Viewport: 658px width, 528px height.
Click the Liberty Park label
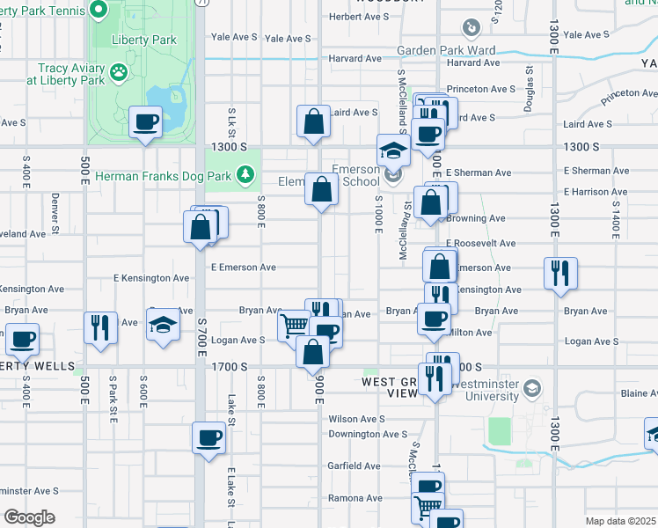point(144,40)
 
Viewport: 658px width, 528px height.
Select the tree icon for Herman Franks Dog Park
point(249,176)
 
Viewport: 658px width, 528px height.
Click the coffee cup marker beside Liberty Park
point(146,122)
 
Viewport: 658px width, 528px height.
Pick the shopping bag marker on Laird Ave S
point(313,122)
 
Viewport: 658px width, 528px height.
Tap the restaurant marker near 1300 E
point(559,273)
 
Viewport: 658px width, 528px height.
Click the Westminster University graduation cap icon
point(531,388)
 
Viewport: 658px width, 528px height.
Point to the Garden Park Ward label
point(446,51)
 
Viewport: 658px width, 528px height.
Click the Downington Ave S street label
point(368,434)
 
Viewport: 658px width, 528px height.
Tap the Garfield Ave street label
point(355,466)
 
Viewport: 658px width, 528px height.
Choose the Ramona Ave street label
point(355,497)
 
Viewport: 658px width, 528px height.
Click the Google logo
point(29,517)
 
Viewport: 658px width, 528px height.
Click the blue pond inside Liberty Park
point(164,99)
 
